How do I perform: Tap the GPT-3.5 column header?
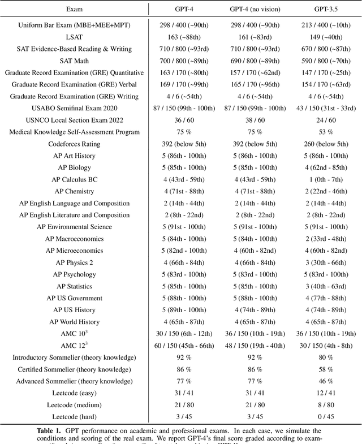coord(320,10)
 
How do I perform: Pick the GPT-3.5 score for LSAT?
coord(320,37)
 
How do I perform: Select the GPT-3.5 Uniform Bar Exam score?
coord(320,25)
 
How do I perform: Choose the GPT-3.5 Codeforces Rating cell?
coord(320,144)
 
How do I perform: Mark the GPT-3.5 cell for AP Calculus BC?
coord(320,179)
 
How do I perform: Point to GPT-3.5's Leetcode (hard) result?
coord(320,417)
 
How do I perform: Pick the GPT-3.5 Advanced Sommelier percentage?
coord(320,381)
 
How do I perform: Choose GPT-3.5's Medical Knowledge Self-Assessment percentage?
coord(320,132)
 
